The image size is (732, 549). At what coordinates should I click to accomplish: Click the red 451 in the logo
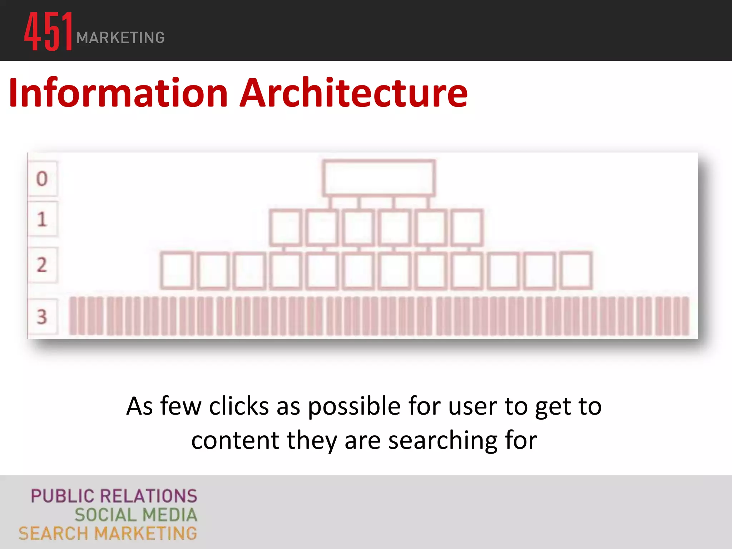49,31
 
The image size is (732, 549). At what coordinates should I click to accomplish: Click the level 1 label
42,219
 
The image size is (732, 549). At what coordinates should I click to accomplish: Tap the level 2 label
42,265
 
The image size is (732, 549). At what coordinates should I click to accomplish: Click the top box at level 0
379,178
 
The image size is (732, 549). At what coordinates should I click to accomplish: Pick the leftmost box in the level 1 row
285,228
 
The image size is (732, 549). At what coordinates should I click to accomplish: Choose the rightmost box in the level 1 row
467,228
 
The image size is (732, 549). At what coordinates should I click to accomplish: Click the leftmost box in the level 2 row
177,270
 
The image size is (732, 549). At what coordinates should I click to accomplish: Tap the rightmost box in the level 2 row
576,270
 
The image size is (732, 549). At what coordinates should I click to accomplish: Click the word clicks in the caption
239,406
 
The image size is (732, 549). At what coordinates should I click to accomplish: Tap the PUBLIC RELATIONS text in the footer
114,496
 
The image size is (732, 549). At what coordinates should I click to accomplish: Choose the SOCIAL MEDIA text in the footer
136,515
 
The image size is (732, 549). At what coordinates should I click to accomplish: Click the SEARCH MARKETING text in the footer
108,534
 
